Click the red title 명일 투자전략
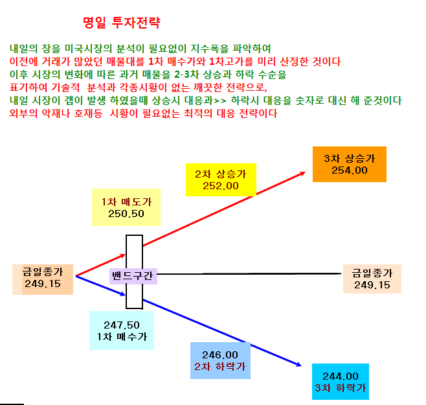[x=122, y=23]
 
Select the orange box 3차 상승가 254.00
[x=350, y=165]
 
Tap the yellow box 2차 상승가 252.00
[x=221, y=179]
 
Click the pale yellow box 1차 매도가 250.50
[x=126, y=207]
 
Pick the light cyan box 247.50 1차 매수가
[x=122, y=330]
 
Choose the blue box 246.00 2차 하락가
[x=220, y=361]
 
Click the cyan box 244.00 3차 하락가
[x=341, y=382]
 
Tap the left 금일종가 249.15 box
[x=43, y=279]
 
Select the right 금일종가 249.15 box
[x=372, y=279]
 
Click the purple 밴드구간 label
[x=133, y=276]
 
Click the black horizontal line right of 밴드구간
[x=249, y=273]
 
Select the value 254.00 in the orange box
[x=350, y=170]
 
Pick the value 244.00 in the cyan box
[x=341, y=376]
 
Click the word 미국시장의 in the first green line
[x=88, y=49]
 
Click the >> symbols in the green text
[x=220, y=100]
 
